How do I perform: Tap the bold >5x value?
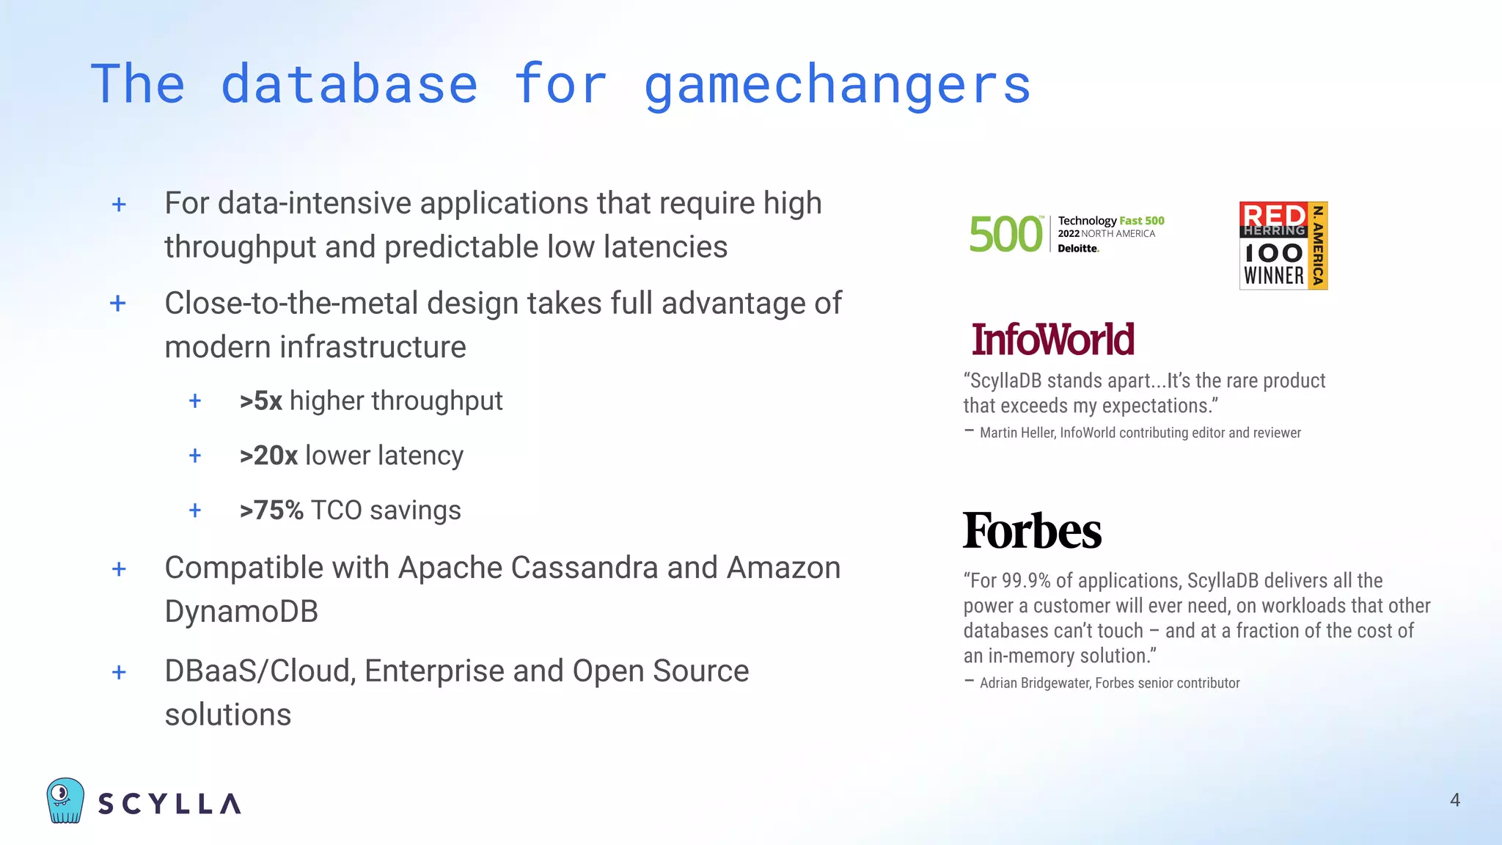tap(260, 401)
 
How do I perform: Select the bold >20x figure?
tap(268, 456)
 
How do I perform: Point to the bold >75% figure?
tap(271, 511)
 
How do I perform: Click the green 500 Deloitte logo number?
tap(1005, 235)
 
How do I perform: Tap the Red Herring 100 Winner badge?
tap(1283, 246)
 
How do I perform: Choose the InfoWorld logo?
tap(1052, 340)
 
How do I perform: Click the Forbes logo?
tap(1032, 531)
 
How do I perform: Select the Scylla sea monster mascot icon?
tap(65, 800)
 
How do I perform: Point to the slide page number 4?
tap(1455, 800)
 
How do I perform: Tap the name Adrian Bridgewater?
tap(1035, 683)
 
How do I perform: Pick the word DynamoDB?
tap(241, 612)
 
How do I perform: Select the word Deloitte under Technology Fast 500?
tap(1077, 249)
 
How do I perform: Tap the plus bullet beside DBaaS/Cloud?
tap(119, 672)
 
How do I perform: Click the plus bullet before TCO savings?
tap(195, 511)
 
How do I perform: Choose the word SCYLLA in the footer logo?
tap(169, 803)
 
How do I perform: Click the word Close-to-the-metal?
tap(291, 304)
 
